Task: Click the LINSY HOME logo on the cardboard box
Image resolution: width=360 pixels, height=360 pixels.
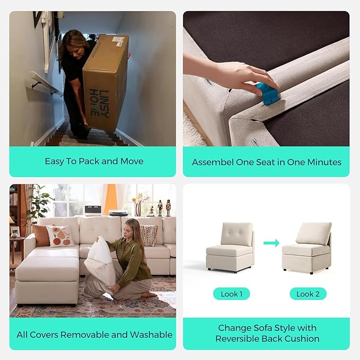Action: [99, 103]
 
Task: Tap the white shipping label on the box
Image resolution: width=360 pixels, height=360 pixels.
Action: [118, 42]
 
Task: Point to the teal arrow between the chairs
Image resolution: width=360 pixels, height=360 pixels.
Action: [271, 243]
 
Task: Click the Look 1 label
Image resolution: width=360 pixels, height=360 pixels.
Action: [231, 294]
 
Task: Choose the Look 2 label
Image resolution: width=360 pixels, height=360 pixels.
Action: [308, 294]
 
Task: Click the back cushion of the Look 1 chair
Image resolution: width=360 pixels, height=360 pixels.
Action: [236, 233]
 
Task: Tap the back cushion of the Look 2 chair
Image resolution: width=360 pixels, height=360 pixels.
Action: [314, 234]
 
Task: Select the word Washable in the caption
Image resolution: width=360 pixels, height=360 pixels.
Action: [151, 335]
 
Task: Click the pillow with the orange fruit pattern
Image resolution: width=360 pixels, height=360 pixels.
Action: [60, 236]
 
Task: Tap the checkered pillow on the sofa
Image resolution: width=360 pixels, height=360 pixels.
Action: [149, 235]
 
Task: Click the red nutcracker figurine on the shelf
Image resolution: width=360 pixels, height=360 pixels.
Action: [168, 208]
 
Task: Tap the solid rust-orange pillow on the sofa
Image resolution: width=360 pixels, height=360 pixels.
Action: [41, 236]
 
